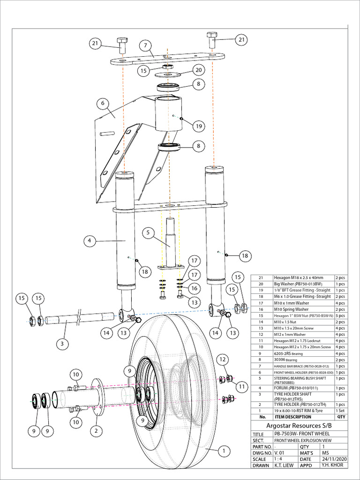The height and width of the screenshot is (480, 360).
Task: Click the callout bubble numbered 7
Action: (x=146, y=45)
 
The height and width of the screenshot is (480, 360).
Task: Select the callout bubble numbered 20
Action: (x=198, y=70)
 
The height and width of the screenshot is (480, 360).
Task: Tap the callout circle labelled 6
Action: (x=103, y=103)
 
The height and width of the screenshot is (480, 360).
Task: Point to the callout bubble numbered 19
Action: (x=199, y=126)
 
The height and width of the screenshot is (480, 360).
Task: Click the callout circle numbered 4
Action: (x=90, y=241)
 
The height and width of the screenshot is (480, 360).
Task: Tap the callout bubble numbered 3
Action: (x=60, y=344)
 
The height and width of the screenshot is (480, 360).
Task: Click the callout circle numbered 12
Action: (x=223, y=360)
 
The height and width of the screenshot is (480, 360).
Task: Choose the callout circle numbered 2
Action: (x=96, y=430)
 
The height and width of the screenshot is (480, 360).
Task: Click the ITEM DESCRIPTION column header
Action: (x=292, y=417)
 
